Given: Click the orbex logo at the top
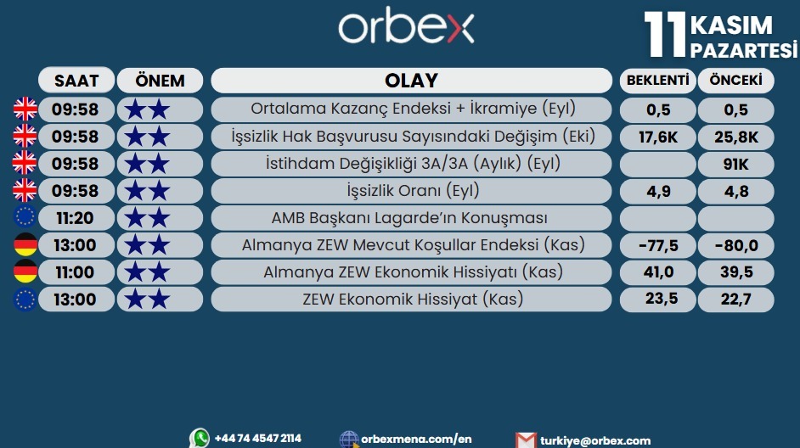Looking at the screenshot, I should pos(406,28).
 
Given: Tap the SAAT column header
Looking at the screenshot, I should pos(76,81).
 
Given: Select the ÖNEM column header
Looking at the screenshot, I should pos(160,81).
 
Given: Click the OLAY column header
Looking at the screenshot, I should pos(411,81).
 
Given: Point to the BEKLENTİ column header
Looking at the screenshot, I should pos(657,81).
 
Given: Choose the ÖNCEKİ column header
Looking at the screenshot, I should pos(735,81).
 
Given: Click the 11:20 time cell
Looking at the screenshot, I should pos(75,218).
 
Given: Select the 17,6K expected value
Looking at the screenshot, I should pos(657,137).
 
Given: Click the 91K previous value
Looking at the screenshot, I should pos(735,164).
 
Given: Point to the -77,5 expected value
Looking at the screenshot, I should pos(657,245).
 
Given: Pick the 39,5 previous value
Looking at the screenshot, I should pos(735,272).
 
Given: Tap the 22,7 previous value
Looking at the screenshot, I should pos(735,300).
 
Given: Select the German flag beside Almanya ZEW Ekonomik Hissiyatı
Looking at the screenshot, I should pos(25,272).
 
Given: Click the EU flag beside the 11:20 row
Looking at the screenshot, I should pos(25,218).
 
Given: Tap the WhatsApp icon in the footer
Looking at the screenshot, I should pos(200,438).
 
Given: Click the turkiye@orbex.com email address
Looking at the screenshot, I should pos(594,440).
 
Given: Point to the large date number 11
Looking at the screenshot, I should pos(665,36).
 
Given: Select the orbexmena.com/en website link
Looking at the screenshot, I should pos(416,439).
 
